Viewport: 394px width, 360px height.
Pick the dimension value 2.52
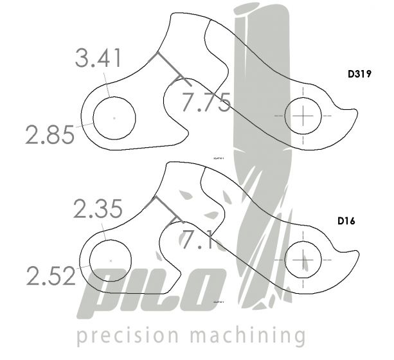point(51,276)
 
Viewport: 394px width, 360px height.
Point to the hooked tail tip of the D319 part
point(354,114)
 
